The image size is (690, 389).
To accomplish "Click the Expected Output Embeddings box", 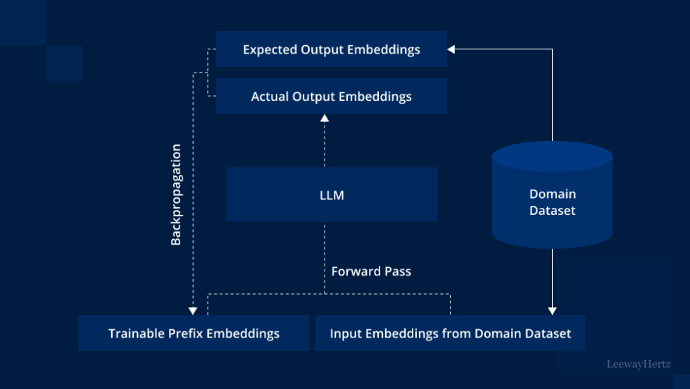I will (x=331, y=49).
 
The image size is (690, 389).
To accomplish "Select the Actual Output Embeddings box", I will (x=331, y=96).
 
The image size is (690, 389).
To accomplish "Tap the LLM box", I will (x=331, y=195).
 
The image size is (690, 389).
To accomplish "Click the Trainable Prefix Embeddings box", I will (x=194, y=333).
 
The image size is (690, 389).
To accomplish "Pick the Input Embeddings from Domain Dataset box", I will (x=450, y=333).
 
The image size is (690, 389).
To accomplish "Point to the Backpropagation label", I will (x=176, y=195).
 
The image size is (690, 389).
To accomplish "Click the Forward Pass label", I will (x=371, y=271).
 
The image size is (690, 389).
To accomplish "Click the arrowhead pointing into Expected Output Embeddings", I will (x=451, y=49).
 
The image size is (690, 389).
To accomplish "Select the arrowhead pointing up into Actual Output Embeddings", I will (x=325, y=118).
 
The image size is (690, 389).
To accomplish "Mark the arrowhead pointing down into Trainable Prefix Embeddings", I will (x=192, y=311).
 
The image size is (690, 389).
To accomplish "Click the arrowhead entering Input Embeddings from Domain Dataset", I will (x=552, y=311).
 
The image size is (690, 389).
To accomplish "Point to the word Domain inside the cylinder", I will (x=552, y=194).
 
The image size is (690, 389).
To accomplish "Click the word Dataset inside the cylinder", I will (x=552, y=211).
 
